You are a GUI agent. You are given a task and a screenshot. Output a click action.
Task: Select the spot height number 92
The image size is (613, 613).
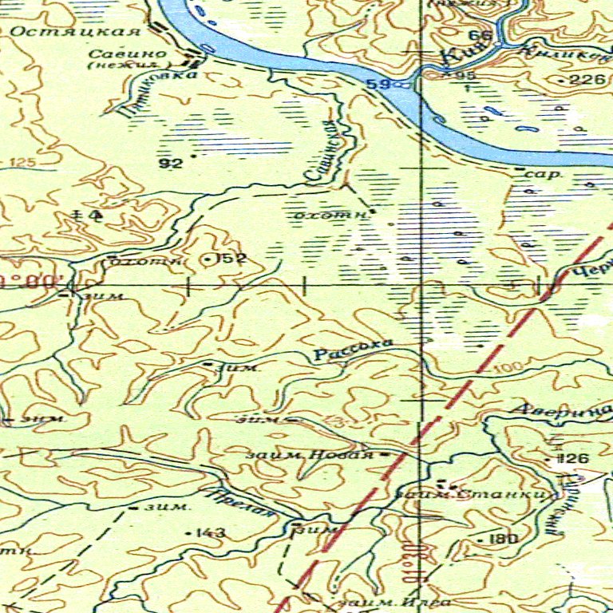[x=171, y=164]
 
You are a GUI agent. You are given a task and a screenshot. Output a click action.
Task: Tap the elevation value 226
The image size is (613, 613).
[x=587, y=79]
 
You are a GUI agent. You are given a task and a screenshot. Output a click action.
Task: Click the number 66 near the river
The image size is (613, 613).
[x=480, y=36]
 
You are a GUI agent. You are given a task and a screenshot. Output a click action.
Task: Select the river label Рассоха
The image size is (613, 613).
[x=353, y=350]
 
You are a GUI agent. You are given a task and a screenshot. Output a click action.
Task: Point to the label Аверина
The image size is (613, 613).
[x=563, y=411]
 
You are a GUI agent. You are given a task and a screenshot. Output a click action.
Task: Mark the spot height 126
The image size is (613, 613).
[x=576, y=459]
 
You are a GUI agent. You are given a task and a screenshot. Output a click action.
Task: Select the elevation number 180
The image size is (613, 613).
[x=503, y=540]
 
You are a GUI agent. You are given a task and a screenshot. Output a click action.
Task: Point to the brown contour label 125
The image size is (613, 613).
[x=23, y=164]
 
